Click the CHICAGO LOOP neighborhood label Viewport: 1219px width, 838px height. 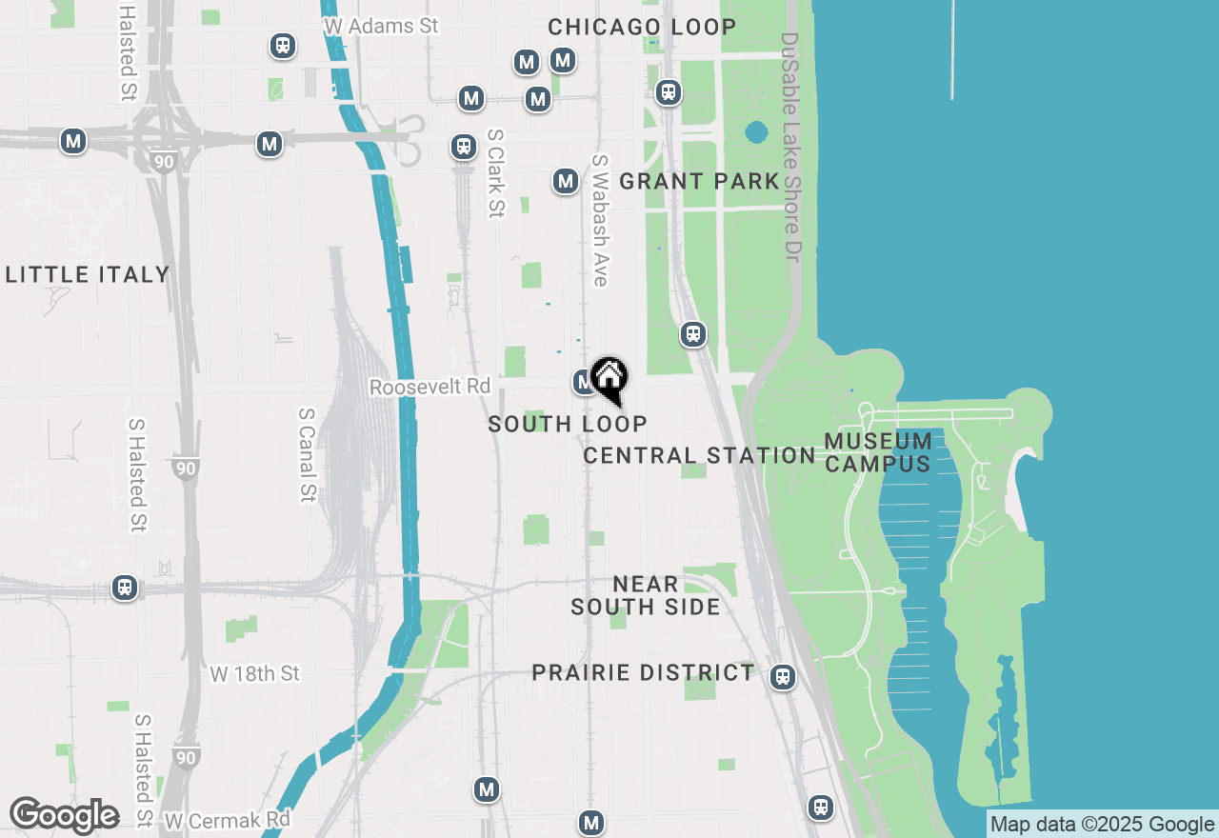pos(642,27)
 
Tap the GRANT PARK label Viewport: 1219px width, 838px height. pos(699,181)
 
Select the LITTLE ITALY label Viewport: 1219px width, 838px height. pos(88,275)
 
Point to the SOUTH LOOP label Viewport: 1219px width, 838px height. pos(568,424)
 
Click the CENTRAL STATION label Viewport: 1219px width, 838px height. pos(699,456)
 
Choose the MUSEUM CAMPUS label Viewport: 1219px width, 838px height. pos(878,452)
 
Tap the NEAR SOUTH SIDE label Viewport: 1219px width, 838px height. pos(646,595)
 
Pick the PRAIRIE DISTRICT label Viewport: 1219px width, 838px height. pos(643,673)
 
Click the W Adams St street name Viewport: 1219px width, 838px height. pos(381,27)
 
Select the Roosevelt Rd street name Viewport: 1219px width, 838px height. pos(430,388)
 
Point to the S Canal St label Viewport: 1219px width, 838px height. pos(307,454)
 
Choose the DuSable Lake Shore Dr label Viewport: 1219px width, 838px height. pos(789,148)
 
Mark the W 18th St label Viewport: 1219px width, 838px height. pos(254,674)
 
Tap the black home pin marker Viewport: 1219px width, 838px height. pos(609,380)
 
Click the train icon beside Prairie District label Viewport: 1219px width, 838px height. pos(783,676)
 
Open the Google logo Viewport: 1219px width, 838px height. pos(64,816)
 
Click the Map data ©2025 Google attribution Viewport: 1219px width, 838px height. pos(1102,825)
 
